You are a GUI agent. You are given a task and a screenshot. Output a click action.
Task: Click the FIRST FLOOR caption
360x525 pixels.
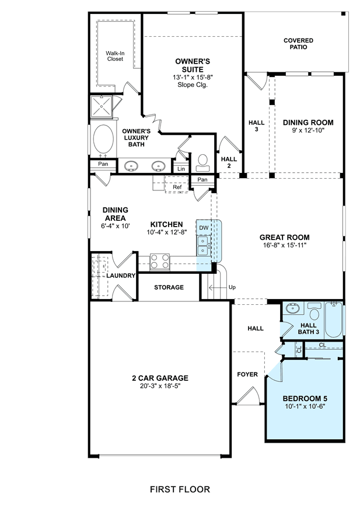click(180, 489)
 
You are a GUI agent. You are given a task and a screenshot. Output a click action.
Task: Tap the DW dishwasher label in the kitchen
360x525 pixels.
click(204, 228)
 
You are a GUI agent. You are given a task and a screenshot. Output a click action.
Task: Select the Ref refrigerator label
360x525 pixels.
click(177, 187)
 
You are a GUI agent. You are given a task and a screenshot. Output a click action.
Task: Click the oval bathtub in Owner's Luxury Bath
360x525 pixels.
click(103, 138)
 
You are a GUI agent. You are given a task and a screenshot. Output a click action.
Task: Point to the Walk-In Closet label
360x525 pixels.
click(115, 56)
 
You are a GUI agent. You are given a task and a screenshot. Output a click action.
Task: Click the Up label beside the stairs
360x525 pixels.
click(232, 287)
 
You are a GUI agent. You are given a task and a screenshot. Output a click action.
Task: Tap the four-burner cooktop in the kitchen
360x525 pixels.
click(160, 262)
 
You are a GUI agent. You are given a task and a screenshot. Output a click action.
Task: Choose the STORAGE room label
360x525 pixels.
click(169, 287)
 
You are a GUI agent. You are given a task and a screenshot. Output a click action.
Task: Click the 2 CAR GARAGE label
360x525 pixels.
click(160, 378)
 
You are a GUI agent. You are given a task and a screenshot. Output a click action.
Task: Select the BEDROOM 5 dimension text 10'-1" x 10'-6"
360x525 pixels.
click(305, 406)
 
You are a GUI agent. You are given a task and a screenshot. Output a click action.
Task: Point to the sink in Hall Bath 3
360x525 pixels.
click(293, 308)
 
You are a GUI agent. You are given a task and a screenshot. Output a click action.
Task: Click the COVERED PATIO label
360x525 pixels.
click(298, 44)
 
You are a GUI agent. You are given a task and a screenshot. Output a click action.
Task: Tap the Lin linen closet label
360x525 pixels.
click(181, 169)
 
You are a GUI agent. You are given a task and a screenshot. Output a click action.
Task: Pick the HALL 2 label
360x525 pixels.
click(229, 162)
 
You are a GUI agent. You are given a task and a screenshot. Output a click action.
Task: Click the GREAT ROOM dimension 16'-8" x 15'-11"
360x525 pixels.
click(285, 245)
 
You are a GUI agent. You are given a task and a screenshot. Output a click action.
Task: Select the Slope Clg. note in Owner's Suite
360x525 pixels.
click(193, 85)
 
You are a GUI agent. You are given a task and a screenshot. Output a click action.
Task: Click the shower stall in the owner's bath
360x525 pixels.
click(102, 106)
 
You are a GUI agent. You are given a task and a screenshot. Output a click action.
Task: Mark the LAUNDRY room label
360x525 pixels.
click(121, 276)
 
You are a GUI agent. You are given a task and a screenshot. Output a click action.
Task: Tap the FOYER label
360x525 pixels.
click(247, 374)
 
